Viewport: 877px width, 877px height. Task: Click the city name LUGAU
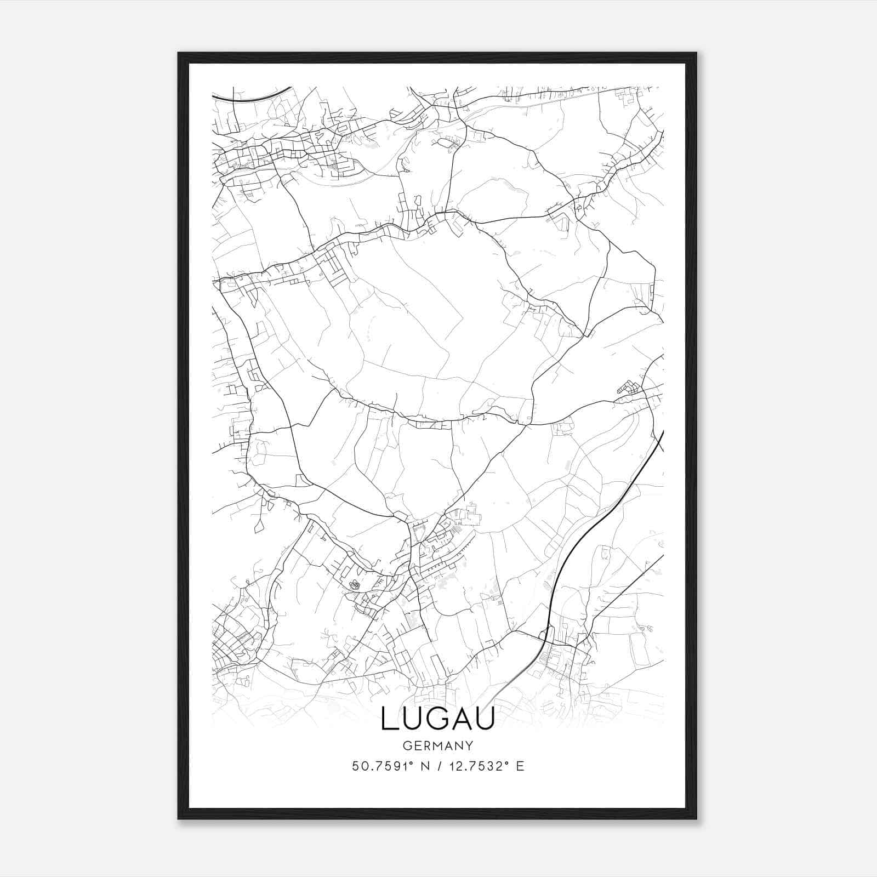(x=438, y=719)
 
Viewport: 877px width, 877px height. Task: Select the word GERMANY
(x=438, y=746)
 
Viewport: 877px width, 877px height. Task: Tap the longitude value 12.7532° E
(x=486, y=766)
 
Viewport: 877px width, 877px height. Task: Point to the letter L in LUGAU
(x=388, y=719)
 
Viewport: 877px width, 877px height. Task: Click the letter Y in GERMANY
(x=469, y=746)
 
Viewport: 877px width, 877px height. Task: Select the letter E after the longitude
(x=521, y=766)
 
